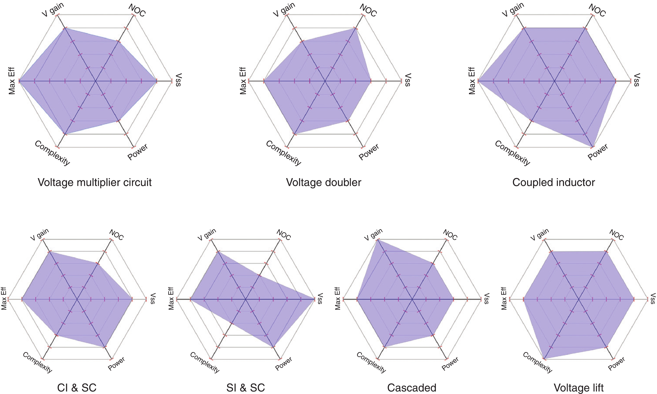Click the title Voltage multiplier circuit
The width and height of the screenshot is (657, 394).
tap(95, 182)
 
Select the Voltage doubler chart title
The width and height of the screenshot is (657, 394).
tap(323, 182)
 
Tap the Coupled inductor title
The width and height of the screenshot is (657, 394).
tap(554, 182)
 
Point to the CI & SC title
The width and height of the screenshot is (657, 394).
tap(77, 388)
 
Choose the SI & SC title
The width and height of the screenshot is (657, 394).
tap(245, 388)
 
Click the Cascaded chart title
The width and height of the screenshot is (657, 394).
tap(412, 388)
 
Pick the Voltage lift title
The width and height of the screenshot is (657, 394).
tap(579, 388)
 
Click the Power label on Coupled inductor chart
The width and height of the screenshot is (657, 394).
tap(598, 152)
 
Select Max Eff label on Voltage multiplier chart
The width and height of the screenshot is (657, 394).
tap(12, 81)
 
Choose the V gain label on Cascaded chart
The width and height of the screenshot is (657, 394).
tap(373, 234)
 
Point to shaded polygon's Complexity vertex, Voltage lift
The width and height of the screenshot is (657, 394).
tap(544, 359)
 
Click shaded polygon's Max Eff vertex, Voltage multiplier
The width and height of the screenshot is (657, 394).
tap(19, 81)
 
